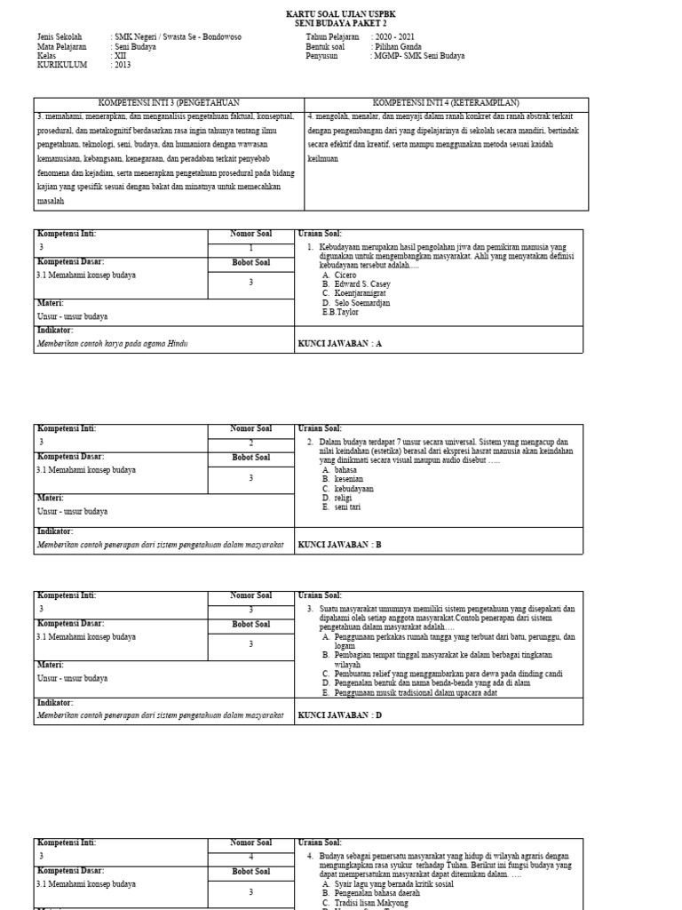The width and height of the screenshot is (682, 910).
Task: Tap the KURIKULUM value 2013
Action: [123, 64]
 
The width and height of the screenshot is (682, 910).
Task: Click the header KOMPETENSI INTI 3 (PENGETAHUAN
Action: [169, 103]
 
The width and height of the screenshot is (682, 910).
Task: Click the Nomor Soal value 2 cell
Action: [250, 443]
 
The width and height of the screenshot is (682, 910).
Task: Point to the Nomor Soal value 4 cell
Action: [250, 857]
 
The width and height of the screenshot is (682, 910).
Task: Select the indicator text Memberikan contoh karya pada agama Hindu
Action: [113, 343]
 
